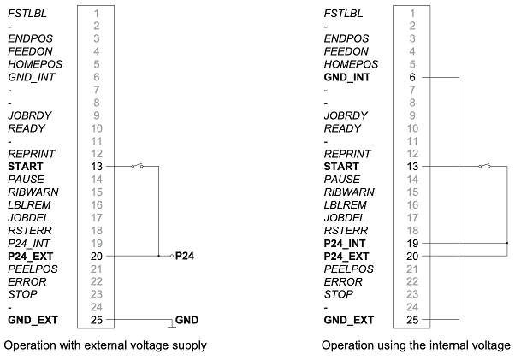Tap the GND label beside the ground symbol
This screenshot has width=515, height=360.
pos(186,320)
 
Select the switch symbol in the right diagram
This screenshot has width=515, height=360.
pos(488,166)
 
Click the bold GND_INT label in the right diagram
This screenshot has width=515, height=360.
pos(348,77)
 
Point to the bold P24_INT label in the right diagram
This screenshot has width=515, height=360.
pos(347,243)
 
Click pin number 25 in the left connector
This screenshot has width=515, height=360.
pos(97,320)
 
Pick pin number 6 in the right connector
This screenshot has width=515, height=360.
pos(413,77)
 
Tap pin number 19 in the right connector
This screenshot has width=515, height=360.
pos(413,243)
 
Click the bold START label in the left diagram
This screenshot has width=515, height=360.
pos(25,166)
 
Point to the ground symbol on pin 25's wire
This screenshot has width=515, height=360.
pos(170,323)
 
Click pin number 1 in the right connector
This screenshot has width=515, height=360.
pos(413,13)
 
